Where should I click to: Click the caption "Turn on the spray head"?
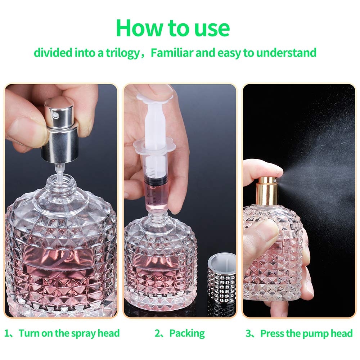coord(69,333)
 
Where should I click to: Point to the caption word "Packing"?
coord(187,333)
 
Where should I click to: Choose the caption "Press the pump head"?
coord(306,333)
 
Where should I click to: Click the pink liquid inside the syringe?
coord(156,194)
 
